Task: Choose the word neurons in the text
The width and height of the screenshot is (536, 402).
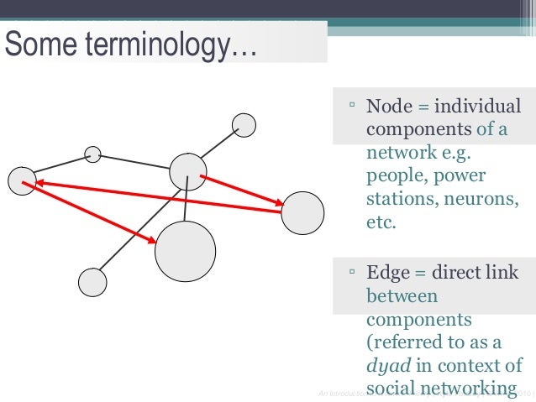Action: click(x=483, y=200)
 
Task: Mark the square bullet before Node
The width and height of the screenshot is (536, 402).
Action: click(x=353, y=107)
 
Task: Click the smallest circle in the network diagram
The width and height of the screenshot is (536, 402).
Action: click(x=93, y=154)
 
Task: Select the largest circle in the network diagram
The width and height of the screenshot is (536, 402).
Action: click(x=185, y=251)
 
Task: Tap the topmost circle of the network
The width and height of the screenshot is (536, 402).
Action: click(x=244, y=125)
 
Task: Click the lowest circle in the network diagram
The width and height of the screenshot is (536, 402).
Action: click(x=92, y=282)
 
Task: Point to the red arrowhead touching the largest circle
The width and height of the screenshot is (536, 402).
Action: click(x=151, y=241)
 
